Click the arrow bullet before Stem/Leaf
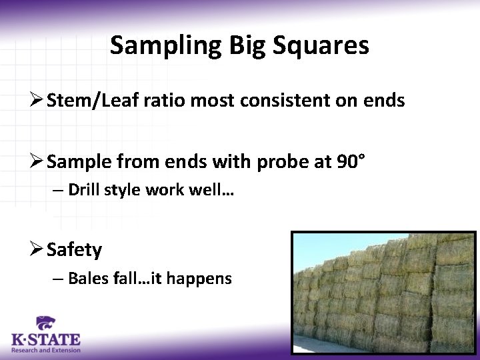tap(37, 101)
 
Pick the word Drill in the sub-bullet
tap(83, 189)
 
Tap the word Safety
tap(74, 251)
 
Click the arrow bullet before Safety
tap(37, 251)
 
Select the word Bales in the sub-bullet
tap(86, 278)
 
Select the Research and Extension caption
tap(45, 350)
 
